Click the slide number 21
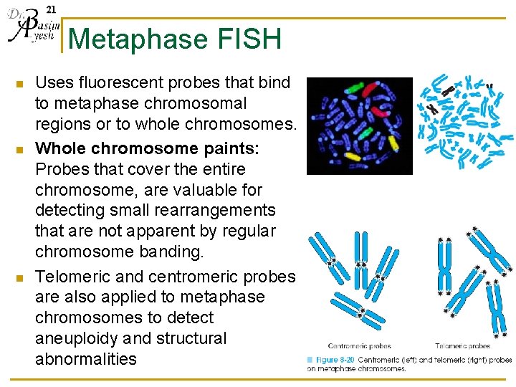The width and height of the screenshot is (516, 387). pyautogui.click(x=49, y=9)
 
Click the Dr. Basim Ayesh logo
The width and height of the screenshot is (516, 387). pyautogui.click(x=31, y=27)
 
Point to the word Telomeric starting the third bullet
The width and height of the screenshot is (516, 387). pyautogui.click(x=69, y=276)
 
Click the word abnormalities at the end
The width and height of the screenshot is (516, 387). pyautogui.click(x=85, y=358)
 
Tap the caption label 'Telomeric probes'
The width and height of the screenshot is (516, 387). pyautogui.click(x=463, y=346)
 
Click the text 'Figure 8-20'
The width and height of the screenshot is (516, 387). pyautogui.click(x=334, y=359)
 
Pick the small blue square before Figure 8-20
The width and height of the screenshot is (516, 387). pyautogui.click(x=310, y=359)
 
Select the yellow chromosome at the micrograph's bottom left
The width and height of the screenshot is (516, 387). pyautogui.click(x=352, y=156)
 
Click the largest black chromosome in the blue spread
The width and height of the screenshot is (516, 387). pyautogui.click(x=431, y=110)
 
